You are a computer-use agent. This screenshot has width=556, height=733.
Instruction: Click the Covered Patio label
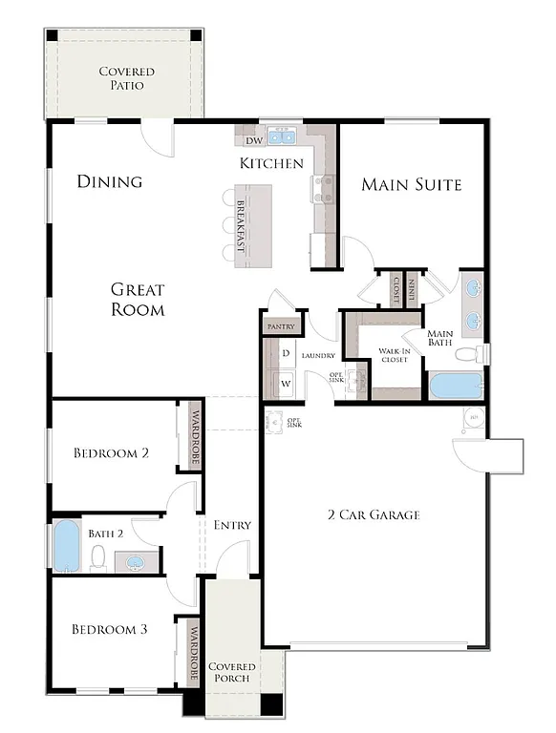coord(126,78)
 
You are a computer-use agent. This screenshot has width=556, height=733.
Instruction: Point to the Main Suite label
coord(411,184)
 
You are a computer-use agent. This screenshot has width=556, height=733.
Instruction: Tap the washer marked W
coord(286,385)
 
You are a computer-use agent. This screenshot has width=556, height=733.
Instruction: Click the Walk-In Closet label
coord(395,355)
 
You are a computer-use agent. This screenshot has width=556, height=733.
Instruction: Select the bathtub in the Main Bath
coord(456,386)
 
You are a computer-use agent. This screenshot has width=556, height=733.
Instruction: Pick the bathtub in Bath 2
coord(66,546)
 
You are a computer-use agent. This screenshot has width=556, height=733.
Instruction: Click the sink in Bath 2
coord(137,562)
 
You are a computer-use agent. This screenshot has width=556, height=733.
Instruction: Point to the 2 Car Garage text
coord(373,515)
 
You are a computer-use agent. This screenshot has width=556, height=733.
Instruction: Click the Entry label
coord(232,525)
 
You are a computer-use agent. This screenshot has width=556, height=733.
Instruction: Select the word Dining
coord(110,181)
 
